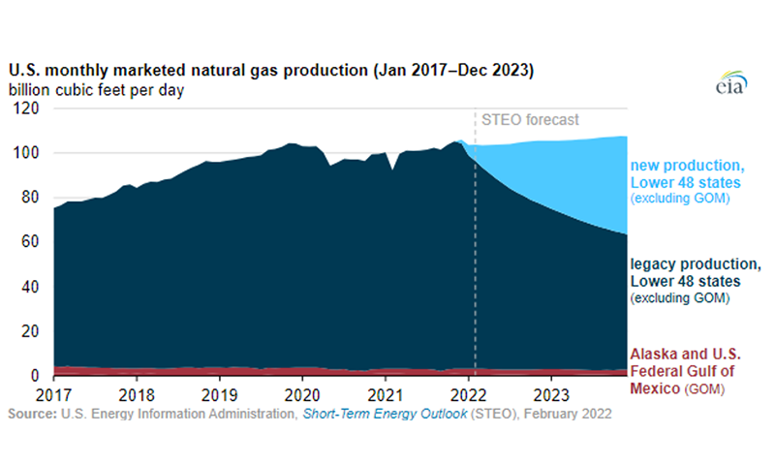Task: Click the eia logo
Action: (x=731, y=82)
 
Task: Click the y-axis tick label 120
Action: (x=25, y=108)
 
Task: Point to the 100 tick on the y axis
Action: (x=25, y=152)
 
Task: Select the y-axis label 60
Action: (x=30, y=241)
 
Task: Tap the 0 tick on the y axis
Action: (x=35, y=376)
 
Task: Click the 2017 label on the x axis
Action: (x=53, y=395)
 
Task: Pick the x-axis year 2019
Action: (x=220, y=395)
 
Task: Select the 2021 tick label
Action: (x=386, y=395)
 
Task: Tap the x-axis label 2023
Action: (x=551, y=395)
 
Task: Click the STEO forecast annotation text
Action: (x=530, y=119)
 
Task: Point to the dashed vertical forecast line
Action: (x=475, y=241)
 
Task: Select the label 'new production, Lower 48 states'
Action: (x=688, y=174)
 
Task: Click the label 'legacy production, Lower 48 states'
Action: (x=696, y=272)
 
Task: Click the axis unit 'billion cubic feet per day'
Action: (x=96, y=90)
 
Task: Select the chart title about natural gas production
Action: (x=271, y=70)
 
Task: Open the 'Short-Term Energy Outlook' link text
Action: (x=385, y=414)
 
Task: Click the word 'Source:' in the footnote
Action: (x=32, y=414)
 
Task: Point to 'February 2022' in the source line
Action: (x=568, y=414)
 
